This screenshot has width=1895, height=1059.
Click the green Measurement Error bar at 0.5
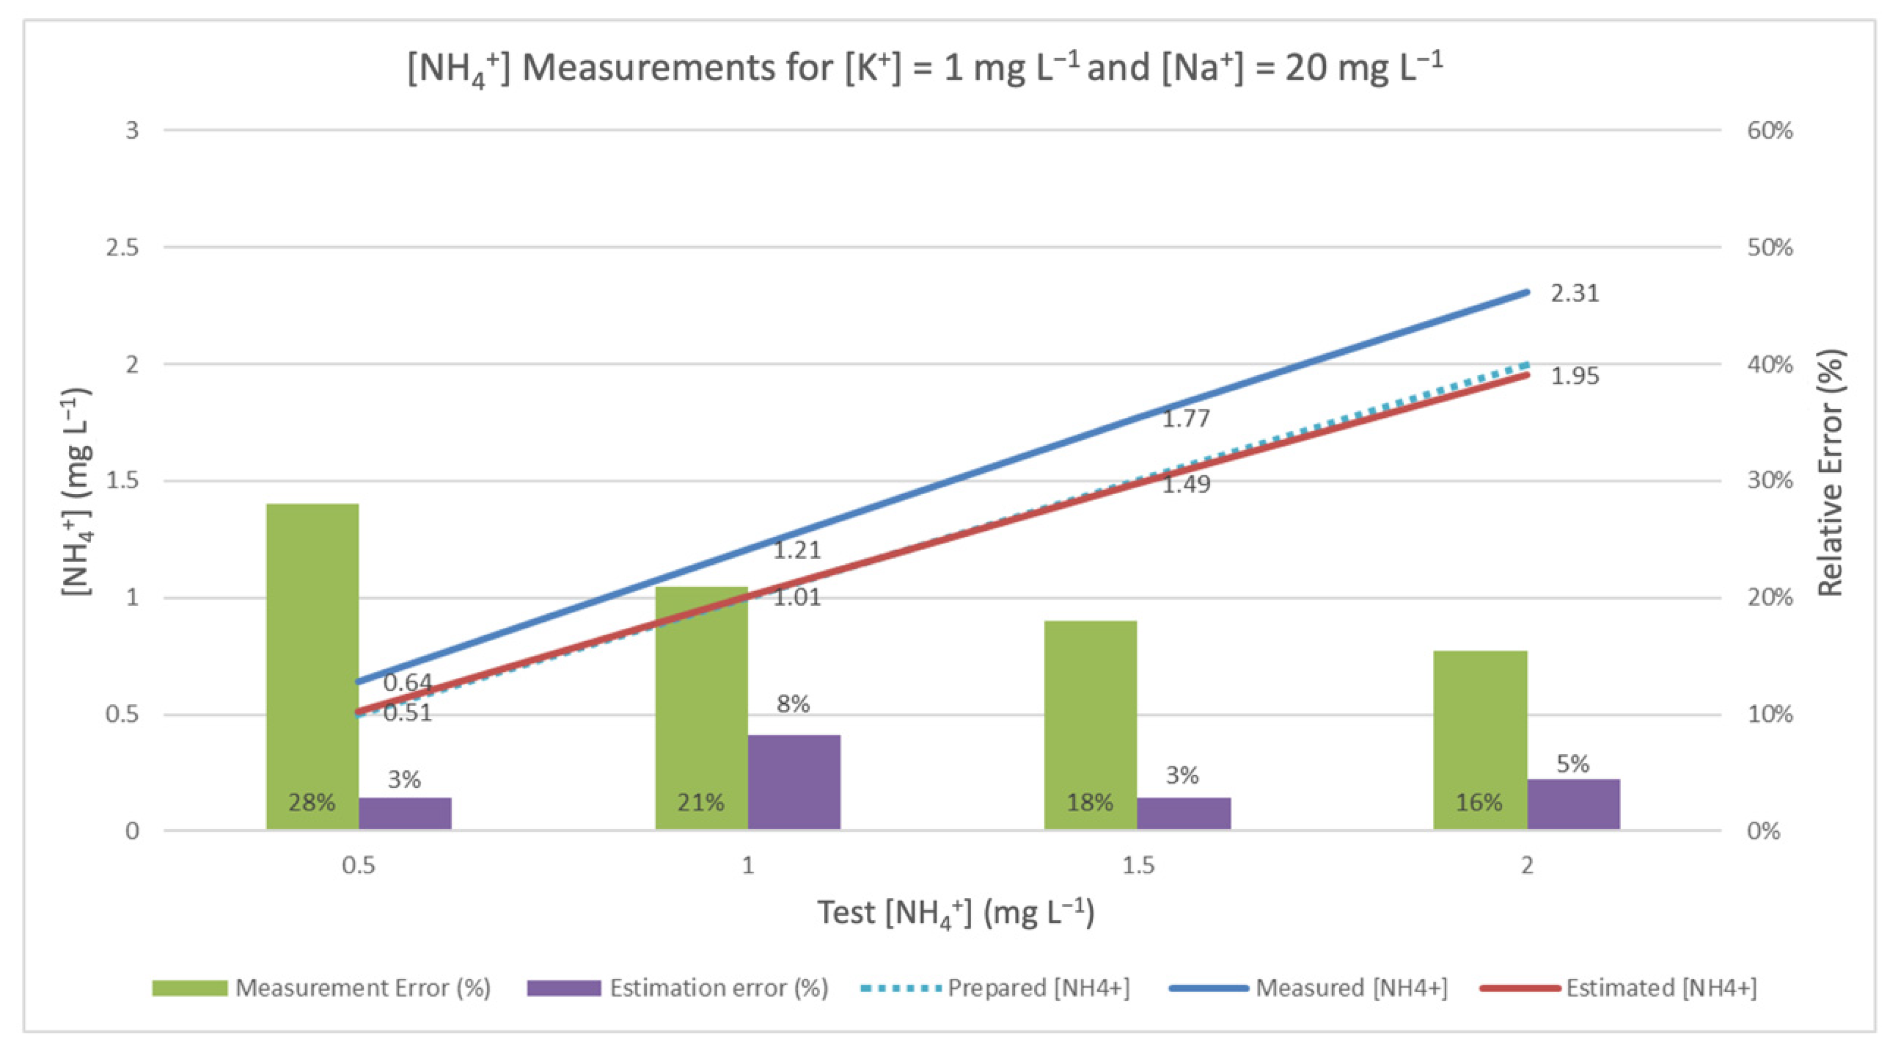(x=312, y=662)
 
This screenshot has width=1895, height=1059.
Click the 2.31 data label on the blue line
(x=1574, y=293)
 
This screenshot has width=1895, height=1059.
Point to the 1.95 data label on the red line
(x=1574, y=376)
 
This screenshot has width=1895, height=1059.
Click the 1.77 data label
(x=1185, y=419)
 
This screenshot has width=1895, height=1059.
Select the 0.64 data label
(x=407, y=682)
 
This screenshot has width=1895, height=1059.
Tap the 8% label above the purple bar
(x=793, y=704)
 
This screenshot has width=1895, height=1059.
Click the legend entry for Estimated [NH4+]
(x=1618, y=987)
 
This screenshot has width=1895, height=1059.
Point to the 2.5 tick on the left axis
(x=122, y=248)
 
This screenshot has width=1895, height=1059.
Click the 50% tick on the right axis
(x=1769, y=248)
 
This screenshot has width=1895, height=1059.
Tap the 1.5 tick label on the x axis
(x=1137, y=865)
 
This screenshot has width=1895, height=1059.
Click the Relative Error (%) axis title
(x=1830, y=473)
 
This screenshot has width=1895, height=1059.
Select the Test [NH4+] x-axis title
(x=956, y=913)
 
